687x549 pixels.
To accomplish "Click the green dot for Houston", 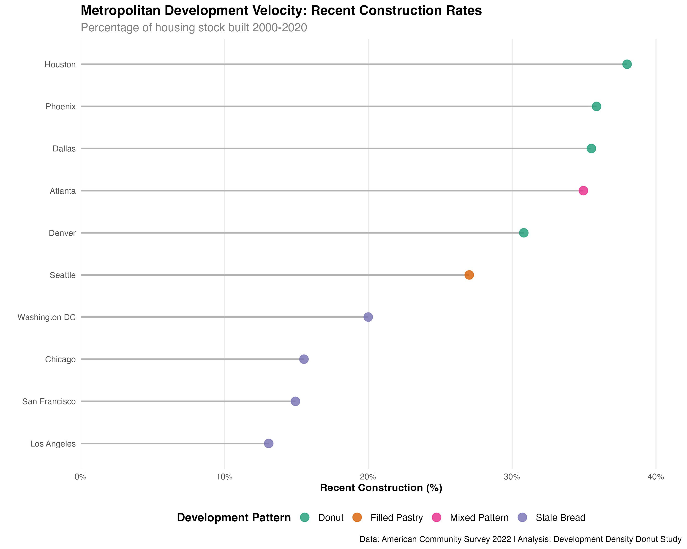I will coord(627,64).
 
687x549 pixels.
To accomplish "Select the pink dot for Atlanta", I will coord(583,191).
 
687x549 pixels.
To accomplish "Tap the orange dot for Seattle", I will coord(469,275).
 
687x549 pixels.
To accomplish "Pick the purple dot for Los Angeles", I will coord(269,443).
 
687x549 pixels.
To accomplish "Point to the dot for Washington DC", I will coord(368,317).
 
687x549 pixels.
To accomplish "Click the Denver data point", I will coord(523,233).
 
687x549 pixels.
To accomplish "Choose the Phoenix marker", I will coord(597,106).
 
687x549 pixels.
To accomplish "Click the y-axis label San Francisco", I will coord(49,402).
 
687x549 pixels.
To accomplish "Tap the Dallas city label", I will coord(64,149).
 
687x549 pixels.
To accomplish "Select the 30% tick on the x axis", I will coord(512,477).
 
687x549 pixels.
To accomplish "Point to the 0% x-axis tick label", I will coord(81,477).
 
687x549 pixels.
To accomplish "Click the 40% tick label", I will coord(656,477).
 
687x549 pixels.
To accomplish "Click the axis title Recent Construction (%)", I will coord(381,488).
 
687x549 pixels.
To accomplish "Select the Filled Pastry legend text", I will coord(396,518).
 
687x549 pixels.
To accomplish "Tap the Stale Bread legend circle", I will coord(522,517).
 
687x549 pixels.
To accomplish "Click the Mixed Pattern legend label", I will coord(479,518).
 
